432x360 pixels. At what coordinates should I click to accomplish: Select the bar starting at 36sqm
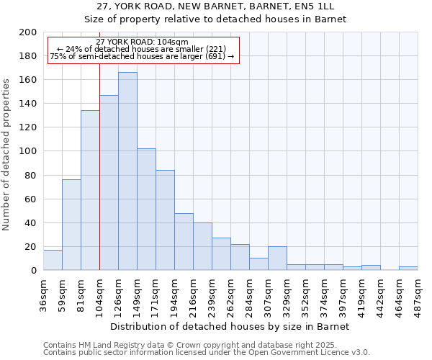[x=53, y=260]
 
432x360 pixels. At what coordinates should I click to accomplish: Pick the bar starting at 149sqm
[x=146, y=209]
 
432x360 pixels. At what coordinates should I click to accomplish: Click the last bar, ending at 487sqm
[x=408, y=268]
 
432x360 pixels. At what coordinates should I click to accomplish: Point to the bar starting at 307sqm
[x=277, y=258]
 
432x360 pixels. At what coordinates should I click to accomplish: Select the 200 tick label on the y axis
[x=28, y=32]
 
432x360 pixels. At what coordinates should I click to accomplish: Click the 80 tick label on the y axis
[x=31, y=175]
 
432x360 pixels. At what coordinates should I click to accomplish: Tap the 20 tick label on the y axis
[x=31, y=246]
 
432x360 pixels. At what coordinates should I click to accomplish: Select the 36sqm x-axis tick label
[x=44, y=291]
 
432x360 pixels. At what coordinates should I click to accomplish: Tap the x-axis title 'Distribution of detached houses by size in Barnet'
[x=230, y=326]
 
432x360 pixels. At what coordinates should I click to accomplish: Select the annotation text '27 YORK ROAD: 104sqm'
[x=142, y=42]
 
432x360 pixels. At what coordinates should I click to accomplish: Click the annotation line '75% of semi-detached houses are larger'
[x=142, y=56]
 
